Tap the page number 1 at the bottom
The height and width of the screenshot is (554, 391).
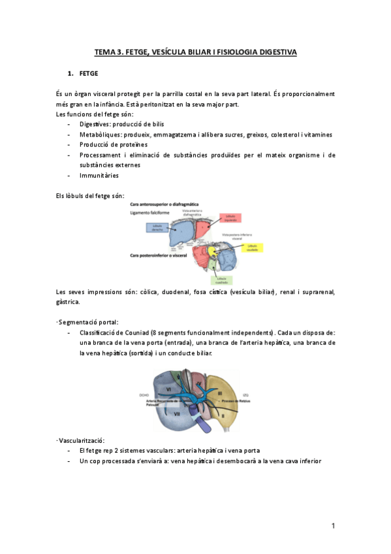(332, 525)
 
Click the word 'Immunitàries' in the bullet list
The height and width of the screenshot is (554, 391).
(99, 175)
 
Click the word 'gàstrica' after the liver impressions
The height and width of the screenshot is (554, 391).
(69, 302)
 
